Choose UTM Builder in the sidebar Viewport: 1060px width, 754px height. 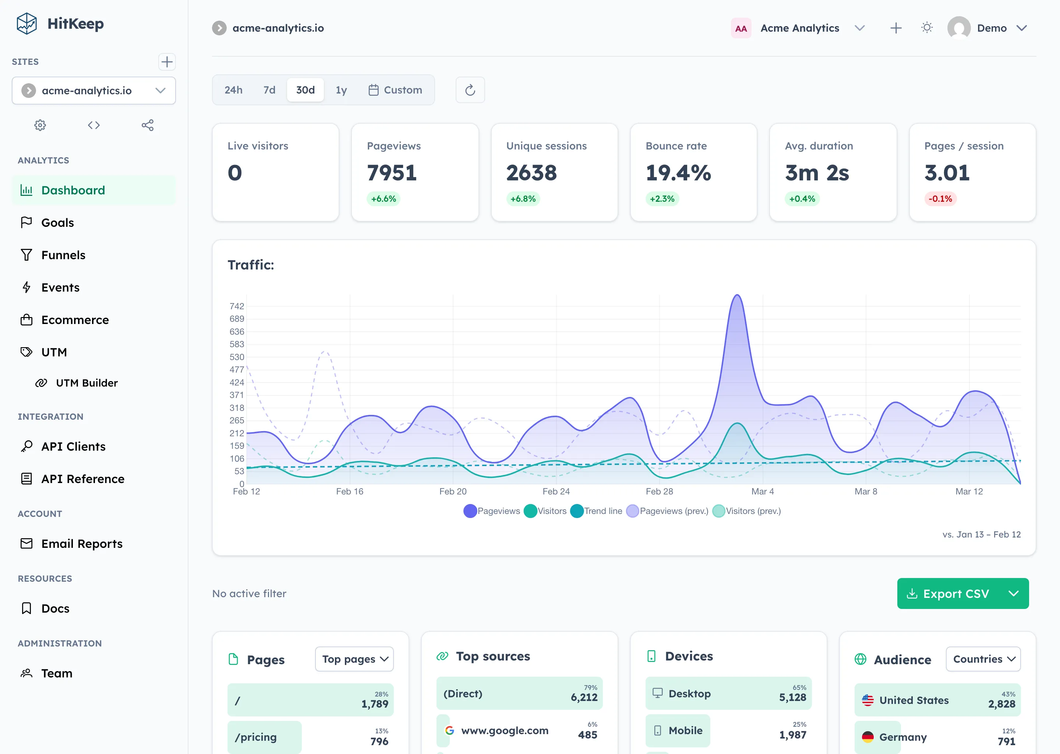[86, 383]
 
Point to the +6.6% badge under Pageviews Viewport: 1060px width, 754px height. [384, 199]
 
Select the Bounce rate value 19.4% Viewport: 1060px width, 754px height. [678, 173]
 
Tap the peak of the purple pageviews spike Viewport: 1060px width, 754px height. [737, 295]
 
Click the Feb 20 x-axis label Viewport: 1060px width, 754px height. [452, 491]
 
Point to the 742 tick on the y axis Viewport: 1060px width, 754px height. [237, 306]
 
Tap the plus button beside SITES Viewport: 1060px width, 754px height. [167, 62]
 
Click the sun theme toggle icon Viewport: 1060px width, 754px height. [927, 28]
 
